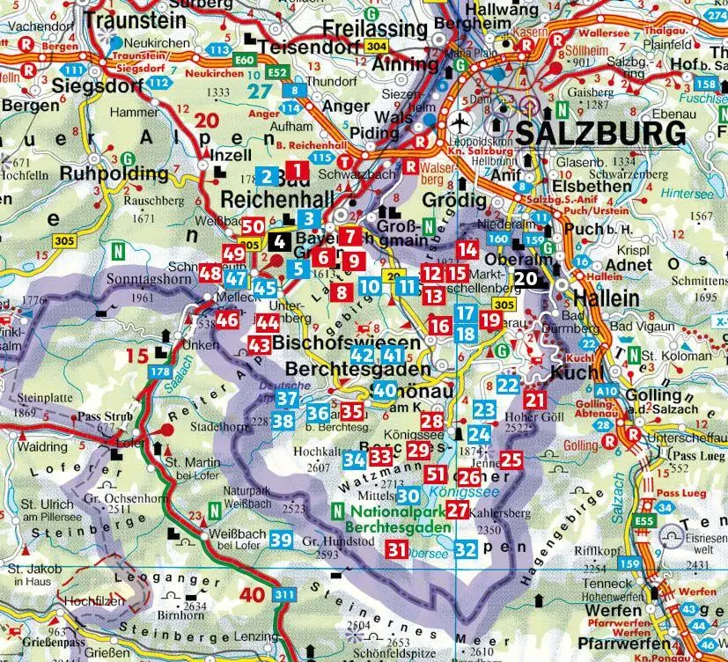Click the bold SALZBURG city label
[599, 134]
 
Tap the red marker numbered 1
[298, 171]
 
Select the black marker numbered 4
[280, 239]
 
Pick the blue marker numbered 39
[281, 540]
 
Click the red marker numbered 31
[397, 550]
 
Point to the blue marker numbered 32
[467, 550]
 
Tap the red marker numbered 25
[511, 459]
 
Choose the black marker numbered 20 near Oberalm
[526, 278]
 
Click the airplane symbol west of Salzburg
[458, 123]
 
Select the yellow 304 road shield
[375, 47]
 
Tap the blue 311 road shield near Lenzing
[283, 596]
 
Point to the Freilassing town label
[375, 27]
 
